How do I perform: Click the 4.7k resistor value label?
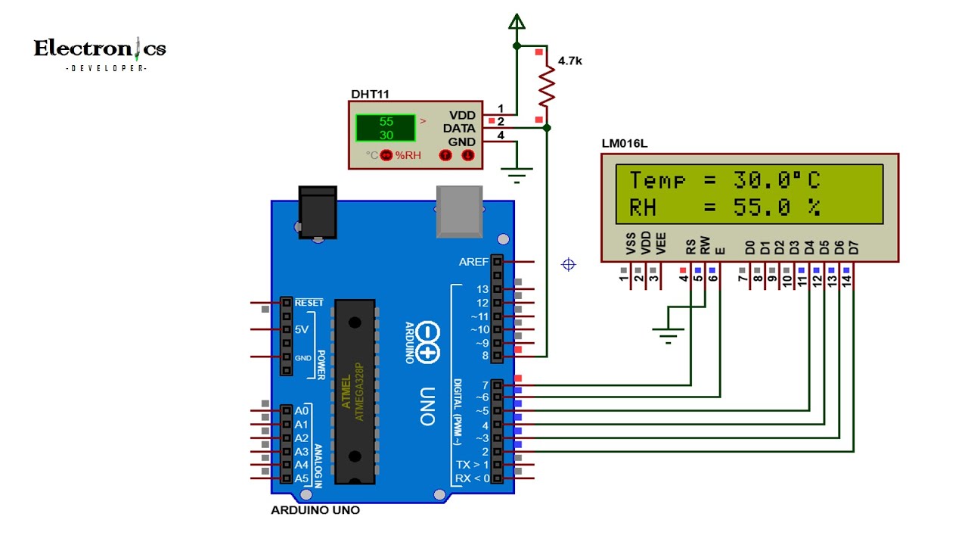[x=569, y=60]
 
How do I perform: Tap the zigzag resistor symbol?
[x=547, y=86]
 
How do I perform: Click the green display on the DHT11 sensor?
[x=386, y=128]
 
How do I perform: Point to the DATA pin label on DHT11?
[x=459, y=129]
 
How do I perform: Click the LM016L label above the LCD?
[x=624, y=143]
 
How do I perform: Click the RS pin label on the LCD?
[x=690, y=246]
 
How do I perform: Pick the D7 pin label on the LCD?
[x=854, y=246]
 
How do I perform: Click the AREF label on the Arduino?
[x=473, y=262]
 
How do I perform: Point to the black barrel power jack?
[x=317, y=213]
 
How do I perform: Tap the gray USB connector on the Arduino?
[x=460, y=211]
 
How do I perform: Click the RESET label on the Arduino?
[x=309, y=303]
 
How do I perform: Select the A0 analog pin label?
[x=301, y=411]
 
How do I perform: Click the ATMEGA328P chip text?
[x=360, y=391]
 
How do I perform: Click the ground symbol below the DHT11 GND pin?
[x=517, y=177]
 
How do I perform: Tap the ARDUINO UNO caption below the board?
[x=315, y=510]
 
